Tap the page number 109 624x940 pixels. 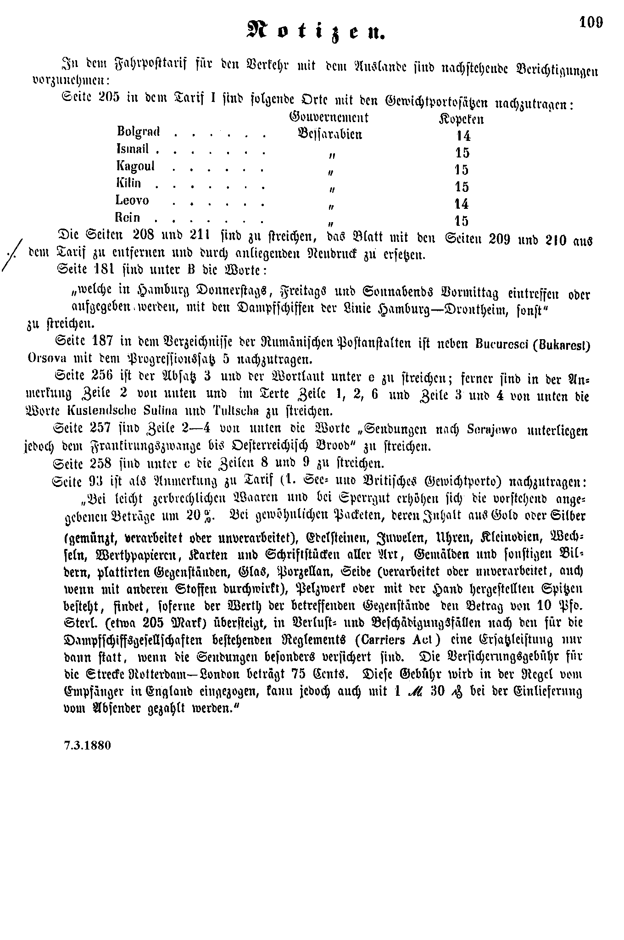[591, 22]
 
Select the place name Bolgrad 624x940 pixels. [138, 132]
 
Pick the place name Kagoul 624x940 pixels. [136, 166]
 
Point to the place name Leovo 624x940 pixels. [133, 200]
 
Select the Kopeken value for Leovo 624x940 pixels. [461, 203]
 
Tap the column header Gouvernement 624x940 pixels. [329, 117]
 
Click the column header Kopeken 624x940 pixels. [461, 119]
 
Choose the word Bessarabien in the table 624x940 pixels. [329, 134]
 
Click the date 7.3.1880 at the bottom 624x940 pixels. [87, 744]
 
